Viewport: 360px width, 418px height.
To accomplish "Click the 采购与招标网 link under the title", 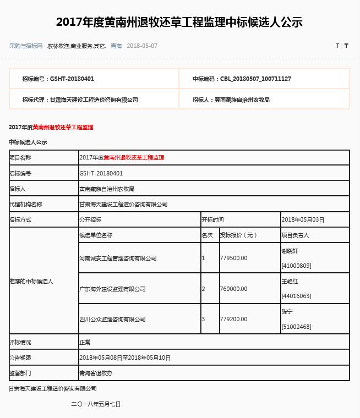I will coord(26,46).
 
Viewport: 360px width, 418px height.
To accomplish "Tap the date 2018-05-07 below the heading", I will coord(142,46).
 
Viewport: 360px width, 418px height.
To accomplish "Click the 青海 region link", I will coord(116,46).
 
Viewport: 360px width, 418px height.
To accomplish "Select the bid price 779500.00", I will coord(234,258).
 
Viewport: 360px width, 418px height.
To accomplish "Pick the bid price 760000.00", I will coord(234,289).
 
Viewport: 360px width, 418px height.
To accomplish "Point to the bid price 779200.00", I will coord(234,319).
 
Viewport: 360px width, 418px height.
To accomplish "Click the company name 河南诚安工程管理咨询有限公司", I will coord(118,258).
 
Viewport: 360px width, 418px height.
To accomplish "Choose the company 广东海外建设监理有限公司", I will coord(112,289).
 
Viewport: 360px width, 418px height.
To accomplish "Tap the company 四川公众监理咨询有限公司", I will coord(112,319).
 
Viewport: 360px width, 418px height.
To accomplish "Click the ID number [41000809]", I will coord(296,266).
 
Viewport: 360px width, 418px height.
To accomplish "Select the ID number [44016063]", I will coord(296,296).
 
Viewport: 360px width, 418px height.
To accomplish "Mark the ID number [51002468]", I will coord(296,327).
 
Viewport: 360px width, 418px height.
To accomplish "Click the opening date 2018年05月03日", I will coord(303,219).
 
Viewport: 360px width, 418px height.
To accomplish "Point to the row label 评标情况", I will coord(20,342).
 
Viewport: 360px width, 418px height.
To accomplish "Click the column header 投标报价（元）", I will coord(238,235).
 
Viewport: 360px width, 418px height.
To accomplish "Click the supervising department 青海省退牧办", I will coord(96,373).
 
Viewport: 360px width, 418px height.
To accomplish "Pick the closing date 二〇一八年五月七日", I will coord(96,404).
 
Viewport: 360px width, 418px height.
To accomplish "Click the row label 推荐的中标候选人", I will coord(31,281).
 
